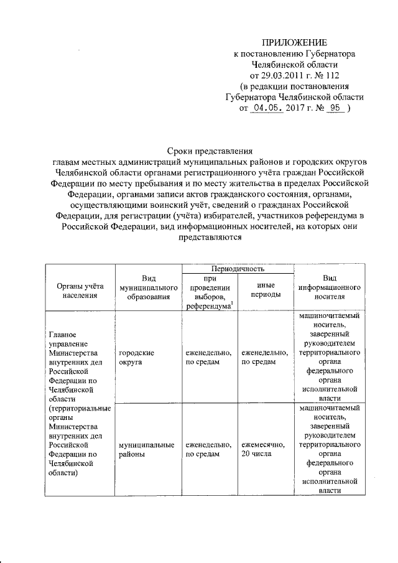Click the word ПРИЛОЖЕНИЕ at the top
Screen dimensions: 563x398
coord(294,42)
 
